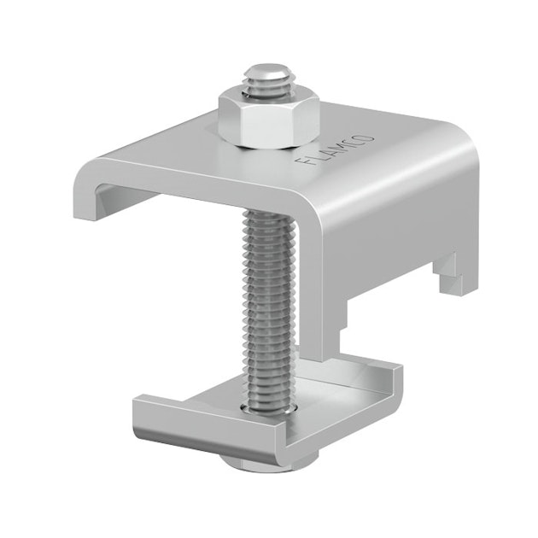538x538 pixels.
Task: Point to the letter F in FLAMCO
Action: click(x=302, y=163)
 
